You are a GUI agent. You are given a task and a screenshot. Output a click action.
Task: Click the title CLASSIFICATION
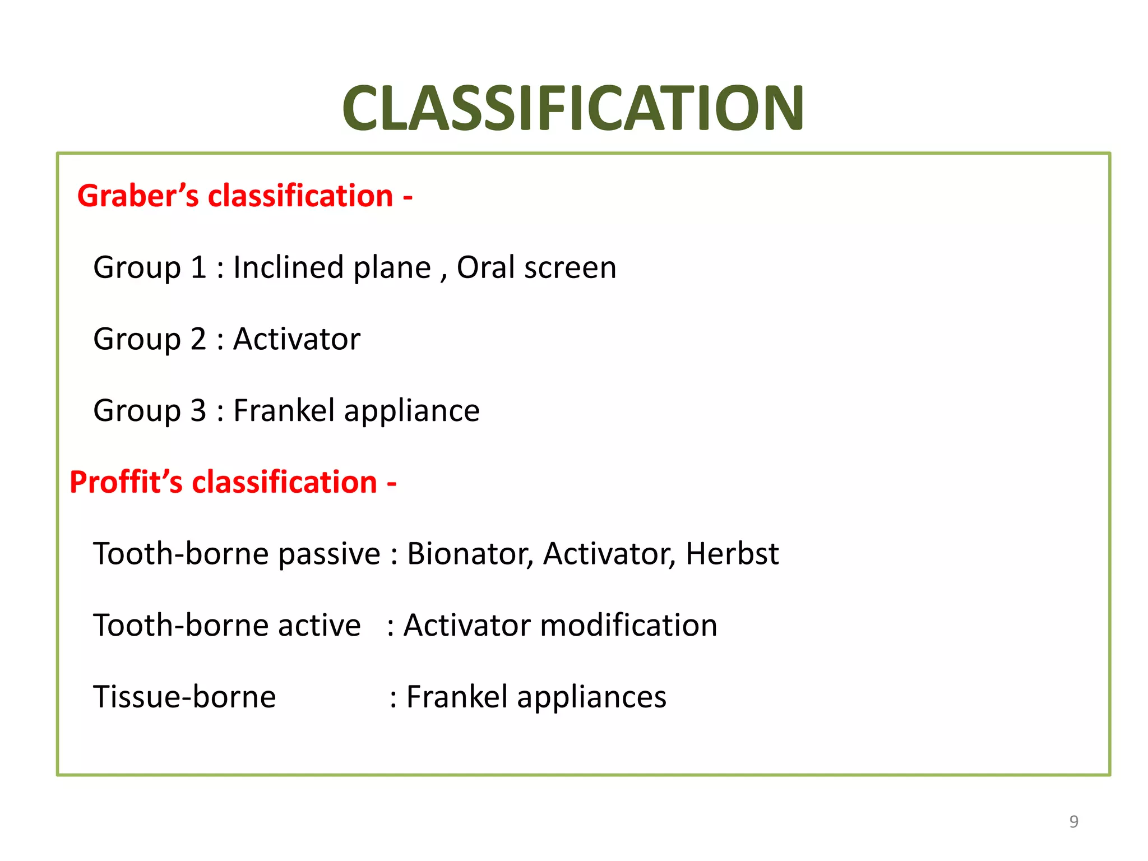click(x=573, y=108)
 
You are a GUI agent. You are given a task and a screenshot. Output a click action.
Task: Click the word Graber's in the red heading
click(x=138, y=196)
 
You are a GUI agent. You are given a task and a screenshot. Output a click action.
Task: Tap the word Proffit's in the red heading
click(x=126, y=482)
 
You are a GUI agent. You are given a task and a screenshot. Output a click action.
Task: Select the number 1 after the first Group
click(x=198, y=267)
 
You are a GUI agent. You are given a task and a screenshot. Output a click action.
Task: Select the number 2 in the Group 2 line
click(x=198, y=339)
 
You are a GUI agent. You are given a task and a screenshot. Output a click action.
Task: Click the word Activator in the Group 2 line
click(x=297, y=339)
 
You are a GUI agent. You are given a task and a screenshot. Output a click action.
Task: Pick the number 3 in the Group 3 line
click(x=198, y=411)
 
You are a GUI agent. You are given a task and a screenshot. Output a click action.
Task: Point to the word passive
click(x=330, y=555)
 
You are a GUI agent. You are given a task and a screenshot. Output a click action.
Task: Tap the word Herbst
click(x=732, y=554)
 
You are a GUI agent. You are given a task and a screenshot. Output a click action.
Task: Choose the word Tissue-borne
click(x=184, y=697)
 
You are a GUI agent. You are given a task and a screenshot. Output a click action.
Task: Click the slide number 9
click(x=1073, y=822)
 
